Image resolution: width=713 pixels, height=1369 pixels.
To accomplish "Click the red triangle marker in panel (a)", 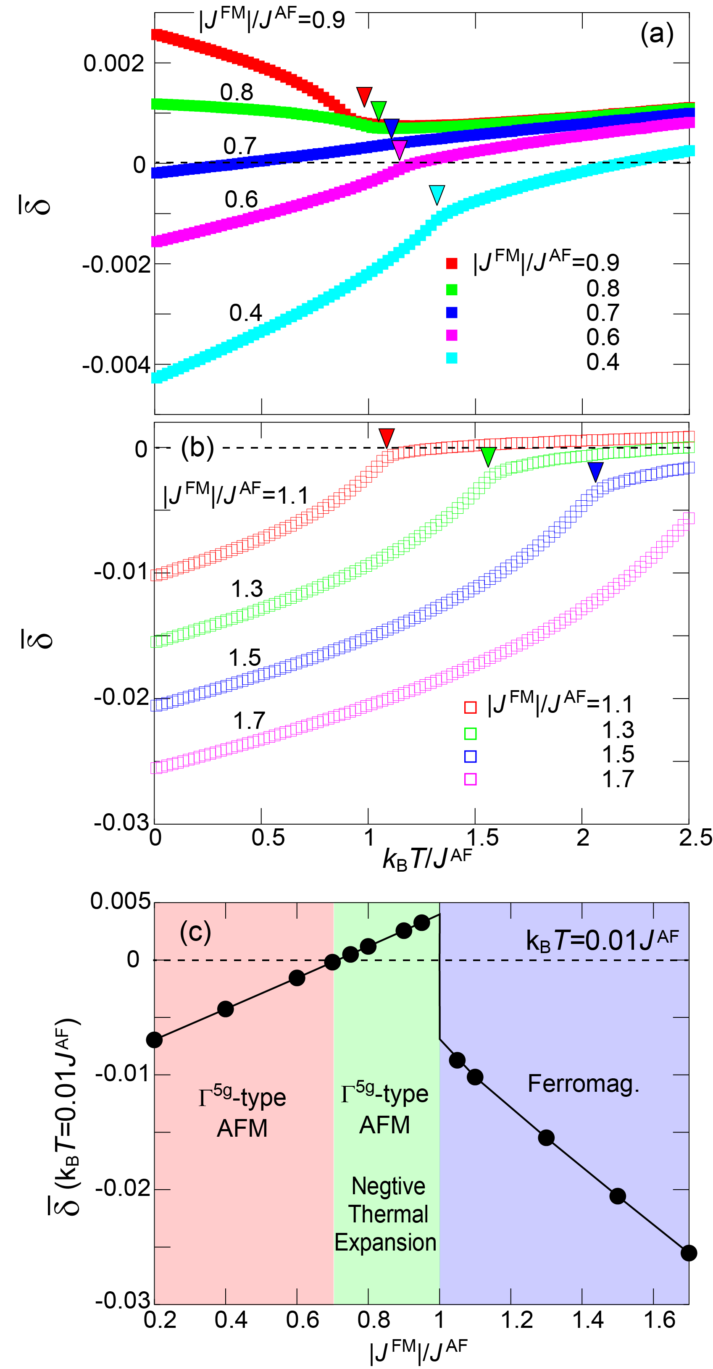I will [x=364, y=96].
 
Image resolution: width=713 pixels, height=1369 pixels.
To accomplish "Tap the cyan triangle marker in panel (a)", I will [x=437, y=194].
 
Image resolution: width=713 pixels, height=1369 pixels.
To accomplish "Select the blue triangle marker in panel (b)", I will [x=595, y=471].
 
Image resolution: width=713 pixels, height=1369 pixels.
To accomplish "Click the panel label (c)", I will [x=195, y=932].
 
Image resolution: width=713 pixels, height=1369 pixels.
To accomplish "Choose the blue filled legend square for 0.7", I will [x=452, y=312].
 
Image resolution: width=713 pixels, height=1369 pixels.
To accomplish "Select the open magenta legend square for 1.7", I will [x=470, y=779].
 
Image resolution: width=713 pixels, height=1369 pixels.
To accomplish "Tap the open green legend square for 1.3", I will [x=470, y=733].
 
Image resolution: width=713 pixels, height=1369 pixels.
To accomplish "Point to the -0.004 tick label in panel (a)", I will [x=116, y=365].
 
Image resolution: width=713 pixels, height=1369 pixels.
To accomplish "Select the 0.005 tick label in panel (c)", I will [x=120, y=901].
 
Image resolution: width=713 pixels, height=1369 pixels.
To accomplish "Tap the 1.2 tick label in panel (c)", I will [x=517, y=1320].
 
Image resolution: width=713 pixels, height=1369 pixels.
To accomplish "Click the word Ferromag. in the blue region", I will [x=583, y=1084].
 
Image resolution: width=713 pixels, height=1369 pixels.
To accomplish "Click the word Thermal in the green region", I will [x=388, y=1215].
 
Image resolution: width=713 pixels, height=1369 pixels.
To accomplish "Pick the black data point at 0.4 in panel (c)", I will [x=226, y=1009].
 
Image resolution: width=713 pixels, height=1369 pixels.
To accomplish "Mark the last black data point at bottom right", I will [x=689, y=1253].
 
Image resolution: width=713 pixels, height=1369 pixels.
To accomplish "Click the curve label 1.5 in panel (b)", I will [x=245, y=658].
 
